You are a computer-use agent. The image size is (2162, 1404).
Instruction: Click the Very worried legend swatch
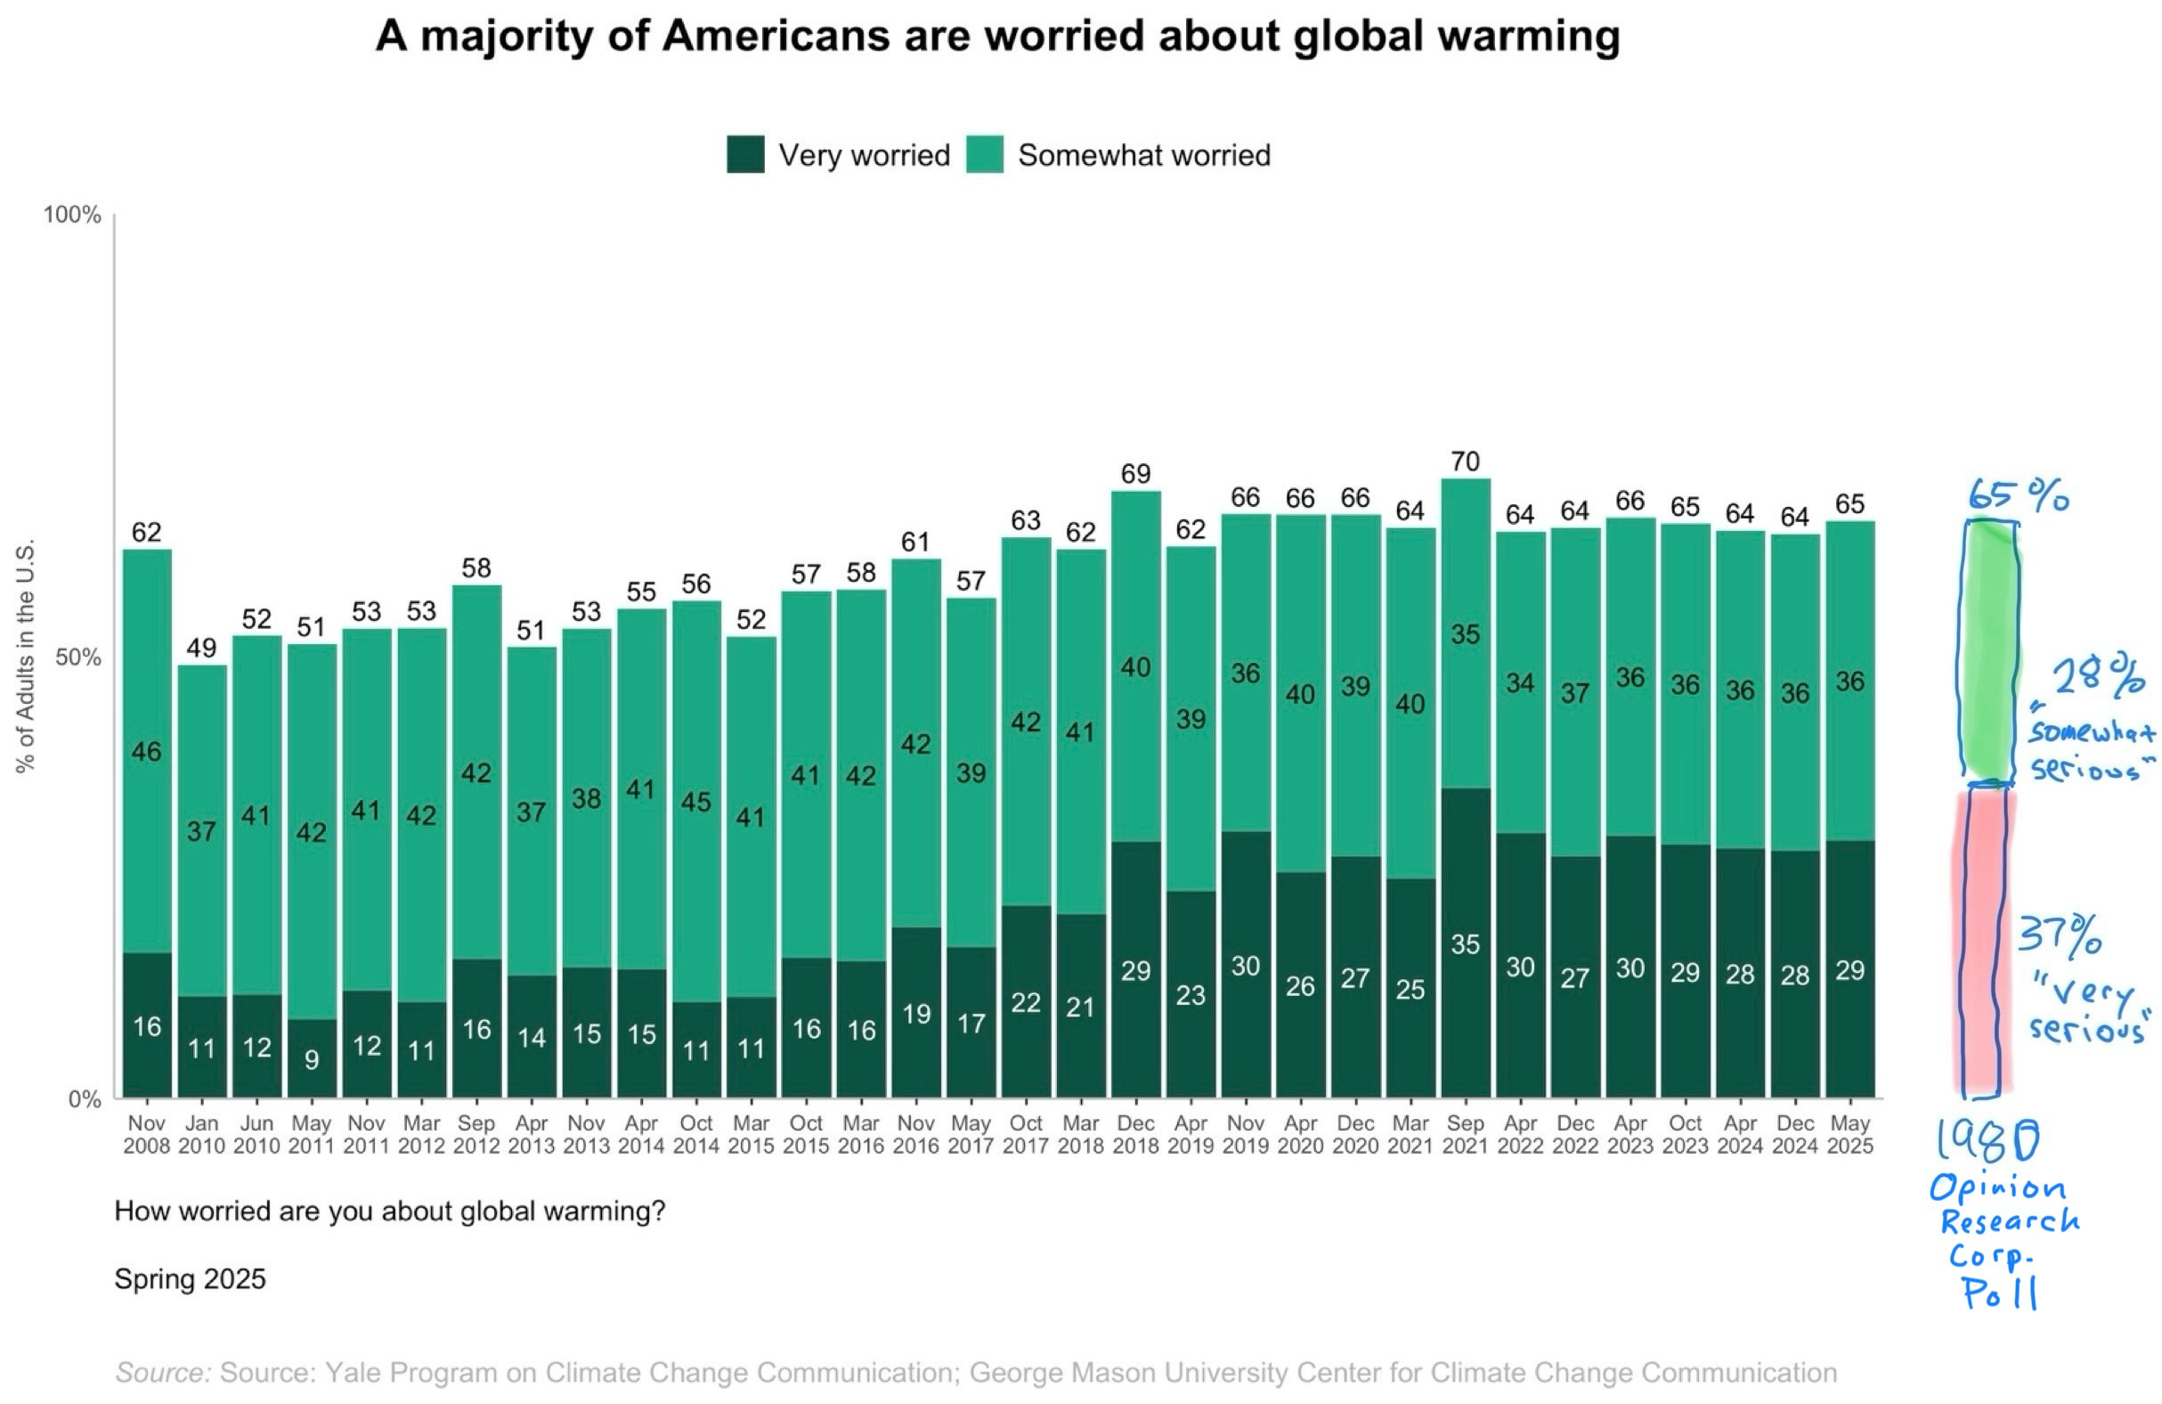pyautogui.click(x=745, y=154)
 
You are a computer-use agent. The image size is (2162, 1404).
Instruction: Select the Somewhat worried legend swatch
pyautogui.click(x=985, y=154)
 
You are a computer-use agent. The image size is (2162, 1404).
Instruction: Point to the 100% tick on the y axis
pyautogui.click(x=73, y=216)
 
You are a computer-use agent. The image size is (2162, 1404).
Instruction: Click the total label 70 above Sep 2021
pyautogui.click(x=1465, y=461)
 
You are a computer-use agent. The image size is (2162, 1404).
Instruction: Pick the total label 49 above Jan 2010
pyautogui.click(x=201, y=648)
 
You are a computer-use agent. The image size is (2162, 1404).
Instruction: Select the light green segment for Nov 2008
pyautogui.click(x=147, y=751)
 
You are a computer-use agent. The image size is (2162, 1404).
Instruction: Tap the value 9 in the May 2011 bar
pyautogui.click(x=312, y=1059)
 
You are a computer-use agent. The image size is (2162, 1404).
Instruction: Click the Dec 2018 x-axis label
pyautogui.click(x=1135, y=1135)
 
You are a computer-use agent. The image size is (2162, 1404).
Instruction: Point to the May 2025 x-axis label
pyautogui.click(x=1849, y=1135)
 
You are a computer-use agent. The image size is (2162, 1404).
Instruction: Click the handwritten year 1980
pyautogui.click(x=1987, y=1140)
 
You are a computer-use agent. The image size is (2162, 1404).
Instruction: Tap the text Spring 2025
pyautogui.click(x=190, y=1278)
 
